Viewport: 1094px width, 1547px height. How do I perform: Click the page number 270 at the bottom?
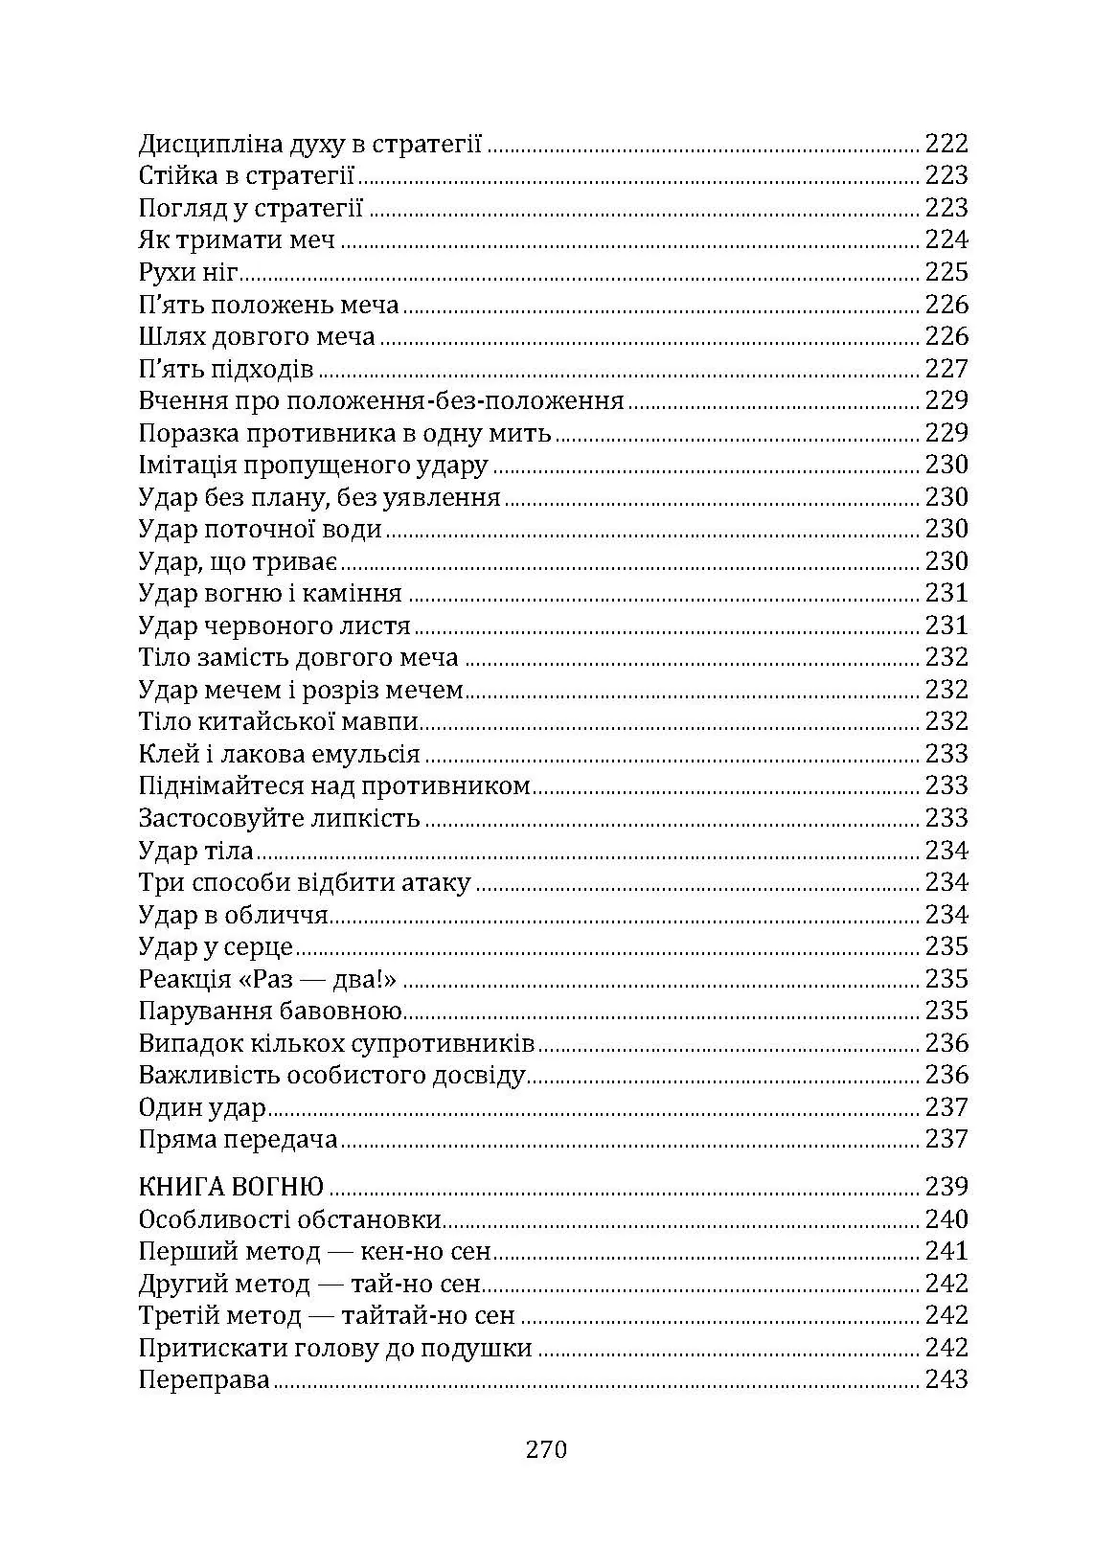[x=547, y=1448]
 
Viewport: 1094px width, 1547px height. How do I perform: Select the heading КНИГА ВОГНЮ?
[x=231, y=1187]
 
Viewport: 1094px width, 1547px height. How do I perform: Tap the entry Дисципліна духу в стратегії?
[x=309, y=144]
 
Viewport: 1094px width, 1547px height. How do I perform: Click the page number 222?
[x=946, y=144]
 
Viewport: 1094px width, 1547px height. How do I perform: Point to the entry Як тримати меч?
[x=237, y=240]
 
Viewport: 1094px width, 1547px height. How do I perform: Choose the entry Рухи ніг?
[x=188, y=273]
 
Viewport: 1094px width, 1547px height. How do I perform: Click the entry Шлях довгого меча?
[x=257, y=337]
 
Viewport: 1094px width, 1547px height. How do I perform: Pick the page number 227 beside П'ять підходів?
[x=946, y=369]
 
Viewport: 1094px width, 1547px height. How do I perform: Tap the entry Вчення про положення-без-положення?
[x=381, y=401]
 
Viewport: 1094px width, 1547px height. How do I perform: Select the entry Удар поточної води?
[x=261, y=530]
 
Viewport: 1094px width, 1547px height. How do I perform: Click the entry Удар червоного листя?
[x=274, y=626]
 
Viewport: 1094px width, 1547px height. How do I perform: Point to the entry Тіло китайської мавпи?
[x=279, y=722]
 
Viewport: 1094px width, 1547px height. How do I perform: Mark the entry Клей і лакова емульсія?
[x=279, y=755]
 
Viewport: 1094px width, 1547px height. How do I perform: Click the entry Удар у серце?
[x=216, y=947]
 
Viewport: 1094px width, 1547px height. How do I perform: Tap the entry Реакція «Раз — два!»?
[x=267, y=979]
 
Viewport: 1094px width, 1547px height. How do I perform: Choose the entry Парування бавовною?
[x=269, y=1012]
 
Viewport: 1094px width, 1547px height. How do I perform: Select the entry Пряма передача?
[x=239, y=1140]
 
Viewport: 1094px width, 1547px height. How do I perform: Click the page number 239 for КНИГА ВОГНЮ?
[x=946, y=1187]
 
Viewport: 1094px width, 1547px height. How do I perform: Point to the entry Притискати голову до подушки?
[x=335, y=1349]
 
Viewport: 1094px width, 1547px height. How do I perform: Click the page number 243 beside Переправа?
[x=946, y=1380]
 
